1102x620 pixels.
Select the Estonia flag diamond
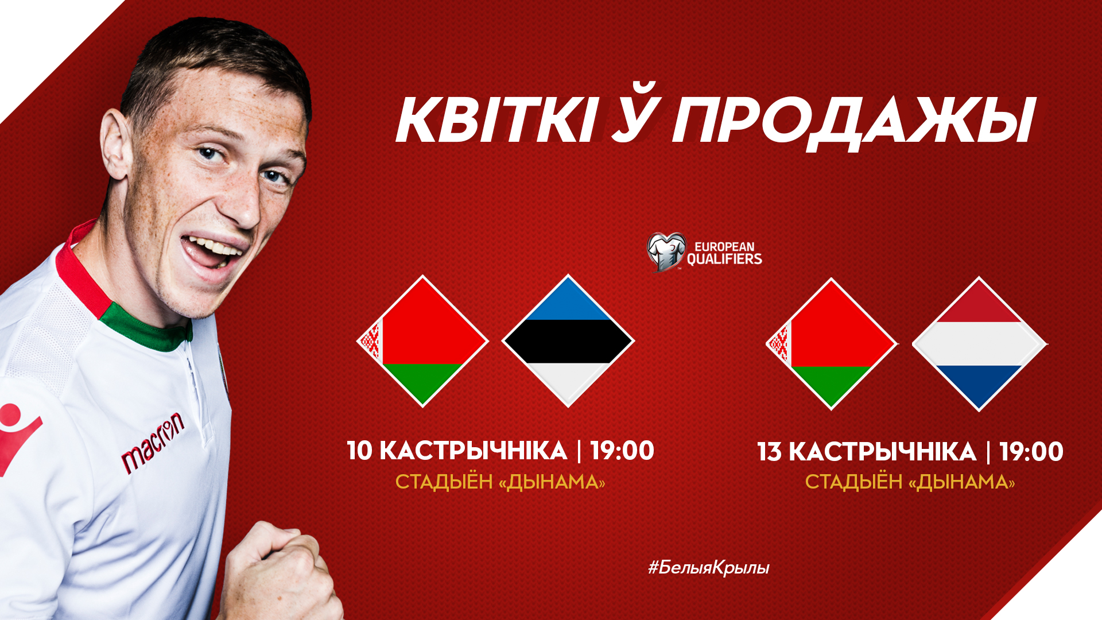(568, 341)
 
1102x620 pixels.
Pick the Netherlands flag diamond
(979, 344)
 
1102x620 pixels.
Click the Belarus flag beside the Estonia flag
(422, 341)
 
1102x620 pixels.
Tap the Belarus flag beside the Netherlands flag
(831, 344)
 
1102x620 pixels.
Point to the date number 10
(360, 451)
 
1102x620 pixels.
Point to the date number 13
(770, 452)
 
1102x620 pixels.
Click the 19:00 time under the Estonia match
(622, 451)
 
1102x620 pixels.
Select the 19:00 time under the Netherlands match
(1031, 452)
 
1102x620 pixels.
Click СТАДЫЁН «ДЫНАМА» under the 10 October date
(500, 482)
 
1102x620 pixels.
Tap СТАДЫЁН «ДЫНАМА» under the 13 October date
(910, 482)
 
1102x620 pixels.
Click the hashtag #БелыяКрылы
(709, 568)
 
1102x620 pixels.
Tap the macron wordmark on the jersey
(153, 443)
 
